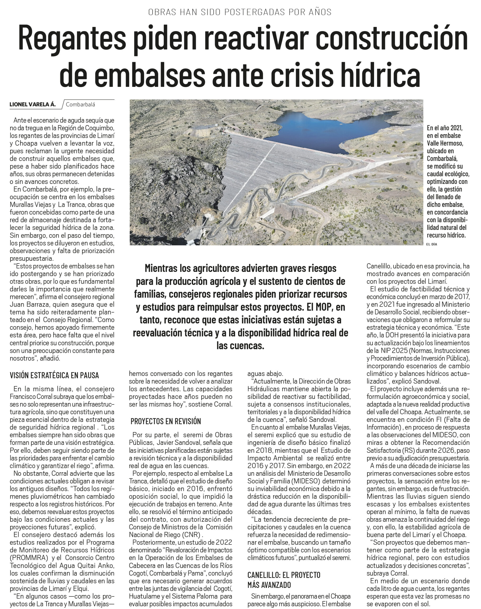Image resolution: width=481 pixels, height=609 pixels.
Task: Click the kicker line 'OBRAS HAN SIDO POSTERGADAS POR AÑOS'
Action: [x=240, y=12]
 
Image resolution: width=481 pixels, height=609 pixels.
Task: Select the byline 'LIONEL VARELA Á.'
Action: [x=33, y=105]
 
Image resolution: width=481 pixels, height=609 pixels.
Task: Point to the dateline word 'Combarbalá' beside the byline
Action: [x=80, y=105]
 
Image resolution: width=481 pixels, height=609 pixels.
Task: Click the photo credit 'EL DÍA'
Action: [x=432, y=244]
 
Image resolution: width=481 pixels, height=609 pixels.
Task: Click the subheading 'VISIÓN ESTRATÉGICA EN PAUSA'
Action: [x=54, y=375]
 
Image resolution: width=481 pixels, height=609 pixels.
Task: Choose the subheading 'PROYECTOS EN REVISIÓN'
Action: [x=166, y=421]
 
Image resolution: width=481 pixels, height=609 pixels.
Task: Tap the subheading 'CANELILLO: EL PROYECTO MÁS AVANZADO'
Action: [x=284, y=580]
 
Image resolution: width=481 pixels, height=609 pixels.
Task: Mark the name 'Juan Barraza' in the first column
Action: [x=29, y=304]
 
